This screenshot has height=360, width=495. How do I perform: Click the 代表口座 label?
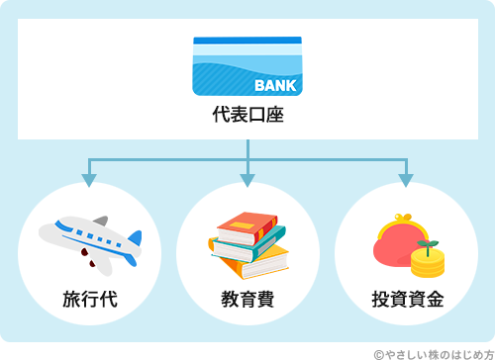click(247, 115)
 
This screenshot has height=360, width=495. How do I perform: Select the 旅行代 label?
click(89, 298)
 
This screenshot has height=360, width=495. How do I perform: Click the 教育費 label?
click(247, 298)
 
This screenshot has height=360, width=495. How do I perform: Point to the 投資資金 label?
click(407, 298)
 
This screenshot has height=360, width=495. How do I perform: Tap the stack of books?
click(247, 243)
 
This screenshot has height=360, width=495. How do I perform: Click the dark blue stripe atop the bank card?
click(247, 41)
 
